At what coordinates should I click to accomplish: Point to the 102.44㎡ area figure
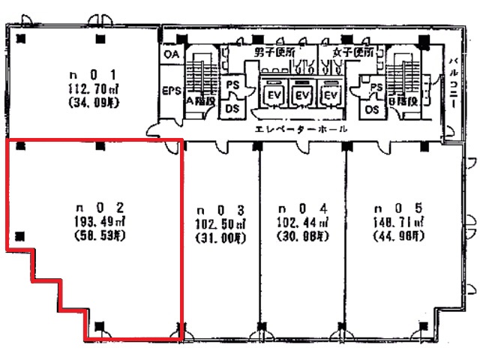[x=303, y=223]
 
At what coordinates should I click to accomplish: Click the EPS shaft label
[x=172, y=91]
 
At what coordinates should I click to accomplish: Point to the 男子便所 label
[x=275, y=52]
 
